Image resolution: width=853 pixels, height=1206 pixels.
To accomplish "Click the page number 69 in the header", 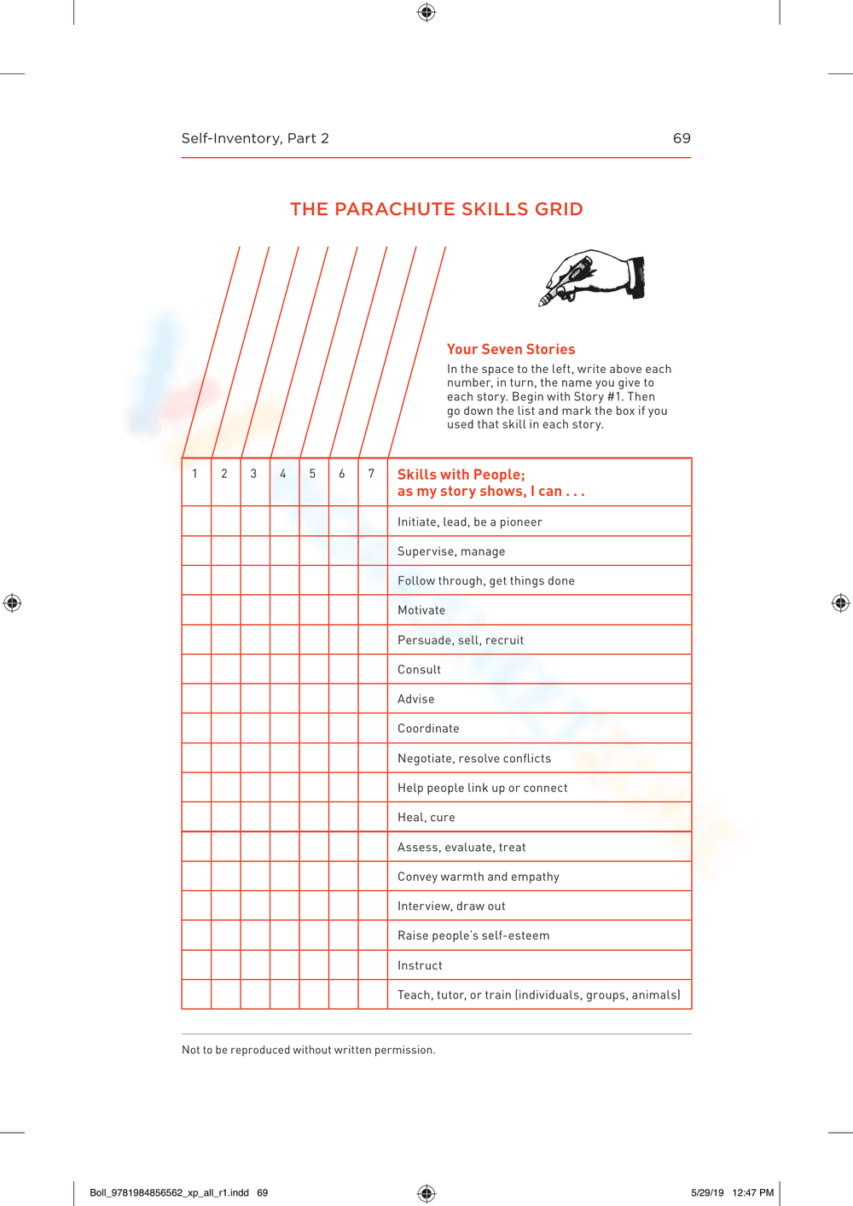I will point(682,138).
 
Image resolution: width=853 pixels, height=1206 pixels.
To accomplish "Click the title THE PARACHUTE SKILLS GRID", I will point(436,209).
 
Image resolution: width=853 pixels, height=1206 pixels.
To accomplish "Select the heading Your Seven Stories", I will point(511,349).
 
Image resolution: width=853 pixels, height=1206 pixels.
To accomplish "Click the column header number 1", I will point(195,474).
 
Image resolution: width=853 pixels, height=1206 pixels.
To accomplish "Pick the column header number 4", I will point(283,474).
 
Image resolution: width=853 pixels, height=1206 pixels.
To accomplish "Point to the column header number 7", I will point(371,474).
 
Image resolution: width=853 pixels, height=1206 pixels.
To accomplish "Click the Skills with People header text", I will point(490,482).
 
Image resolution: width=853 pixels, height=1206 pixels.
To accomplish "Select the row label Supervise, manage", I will point(451,551).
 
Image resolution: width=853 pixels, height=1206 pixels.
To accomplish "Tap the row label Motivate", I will point(421,610).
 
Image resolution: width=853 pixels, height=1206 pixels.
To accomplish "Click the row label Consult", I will point(419,669).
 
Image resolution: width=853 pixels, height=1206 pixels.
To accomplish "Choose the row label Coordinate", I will point(428,728).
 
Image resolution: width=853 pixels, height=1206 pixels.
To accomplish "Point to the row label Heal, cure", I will point(426,817).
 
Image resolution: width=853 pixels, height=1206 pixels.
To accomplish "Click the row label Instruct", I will point(420,965).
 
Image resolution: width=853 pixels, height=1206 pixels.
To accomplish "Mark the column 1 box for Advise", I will point(197,698).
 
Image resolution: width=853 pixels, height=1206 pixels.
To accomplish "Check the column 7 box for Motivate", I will point(373,609).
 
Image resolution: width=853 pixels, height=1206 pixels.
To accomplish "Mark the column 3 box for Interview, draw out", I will point(255,906).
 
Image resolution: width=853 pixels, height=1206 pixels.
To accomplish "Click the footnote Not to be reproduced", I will point(308,1050).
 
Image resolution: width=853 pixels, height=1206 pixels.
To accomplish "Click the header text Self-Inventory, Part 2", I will point(255,138).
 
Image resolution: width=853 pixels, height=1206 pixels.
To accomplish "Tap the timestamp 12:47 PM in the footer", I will point(752,1192).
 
